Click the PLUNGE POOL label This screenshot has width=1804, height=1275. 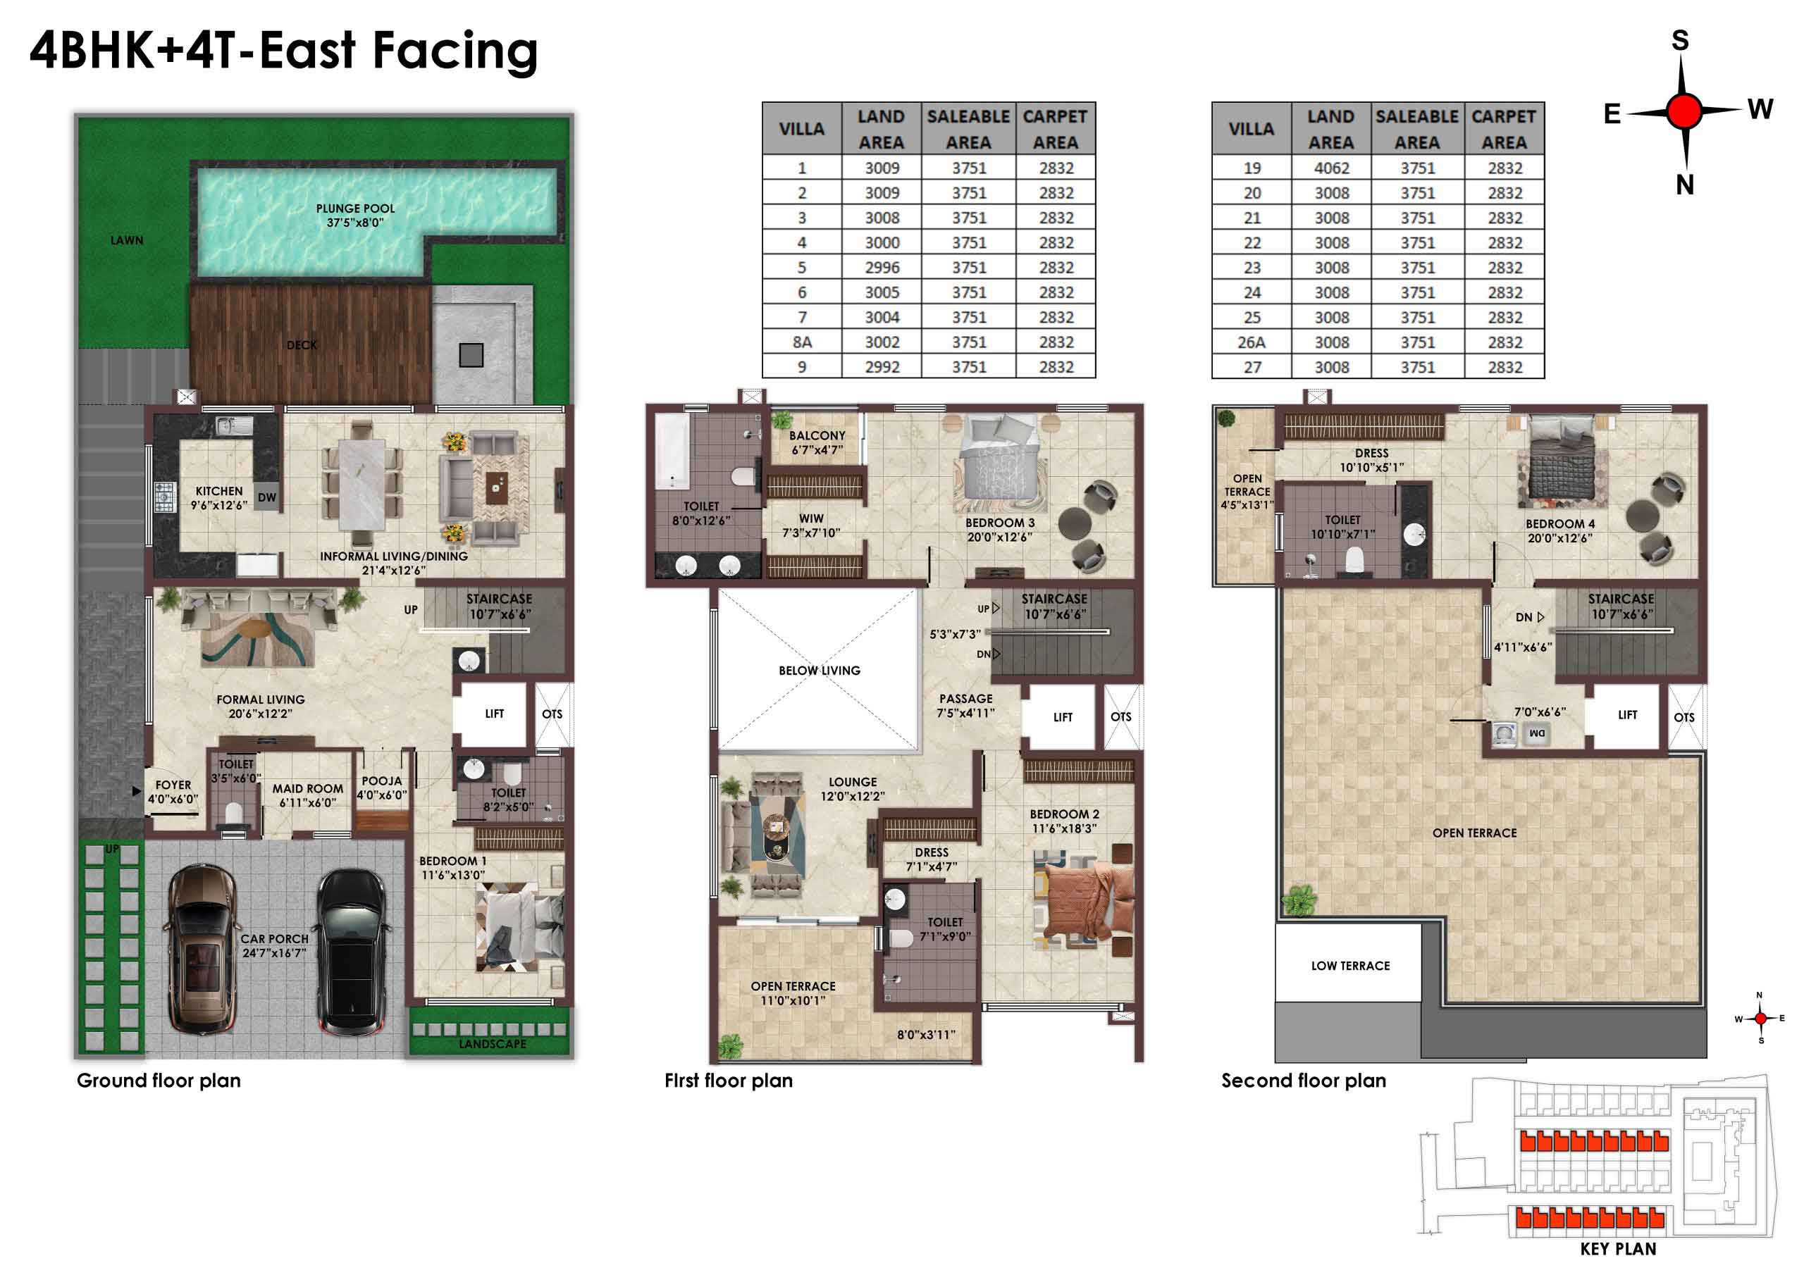(355, 209)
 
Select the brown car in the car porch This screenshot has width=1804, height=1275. (202, 948)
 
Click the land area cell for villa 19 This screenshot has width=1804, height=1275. (1331, 168)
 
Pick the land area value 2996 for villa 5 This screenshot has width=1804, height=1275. (882, 268)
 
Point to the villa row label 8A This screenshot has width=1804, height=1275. (801, 342)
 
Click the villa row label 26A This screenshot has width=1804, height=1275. (1252, 342)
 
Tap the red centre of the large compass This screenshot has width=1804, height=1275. (1683, 111)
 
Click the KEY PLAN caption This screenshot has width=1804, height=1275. (1618, 1249)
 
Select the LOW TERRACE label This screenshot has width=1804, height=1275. (1350, 966)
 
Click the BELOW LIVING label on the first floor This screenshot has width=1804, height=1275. (819, 671)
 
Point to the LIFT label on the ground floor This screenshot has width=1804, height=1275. (494, 714)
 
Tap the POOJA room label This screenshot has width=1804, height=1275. (382, 781)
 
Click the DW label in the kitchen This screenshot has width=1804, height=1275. (267, 497)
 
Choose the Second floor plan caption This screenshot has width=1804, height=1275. (1304, 1081)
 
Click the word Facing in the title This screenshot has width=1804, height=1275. (455, 52)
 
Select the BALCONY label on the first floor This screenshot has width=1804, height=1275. (817, 435)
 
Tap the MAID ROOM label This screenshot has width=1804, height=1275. (307, 789)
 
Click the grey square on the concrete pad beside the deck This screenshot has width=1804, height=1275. (471, 355)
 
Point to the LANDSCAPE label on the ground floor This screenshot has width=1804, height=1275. (493, 1044)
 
